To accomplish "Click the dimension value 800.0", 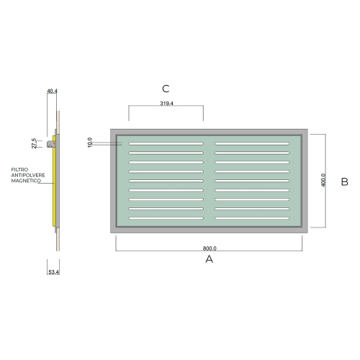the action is (x=210, y=248).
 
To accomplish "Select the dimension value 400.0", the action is (x=323, y=180).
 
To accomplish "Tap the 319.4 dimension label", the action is (x=166, y=103).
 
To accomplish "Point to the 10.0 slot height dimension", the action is (x=90, y=143).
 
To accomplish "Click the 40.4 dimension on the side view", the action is (x=52, y=91).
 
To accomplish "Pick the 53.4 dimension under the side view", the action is (x=54, y=272).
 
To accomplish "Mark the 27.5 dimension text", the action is (x=34, y=143).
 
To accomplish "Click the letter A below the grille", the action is (x=209, y=259).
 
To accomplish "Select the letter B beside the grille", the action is (x=344, y=181).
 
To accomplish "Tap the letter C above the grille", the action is (x=166, y=89).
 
